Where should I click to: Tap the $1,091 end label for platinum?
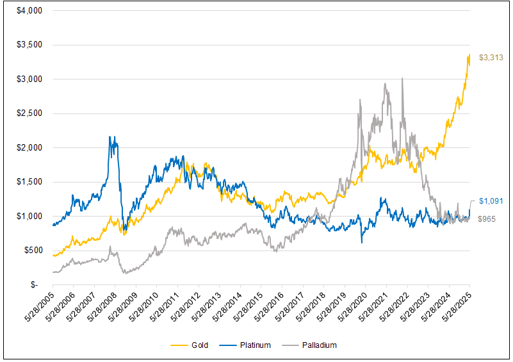click(491, 201)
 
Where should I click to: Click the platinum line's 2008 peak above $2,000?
click(110, 136)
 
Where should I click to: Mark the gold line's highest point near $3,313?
click(469, 54)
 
